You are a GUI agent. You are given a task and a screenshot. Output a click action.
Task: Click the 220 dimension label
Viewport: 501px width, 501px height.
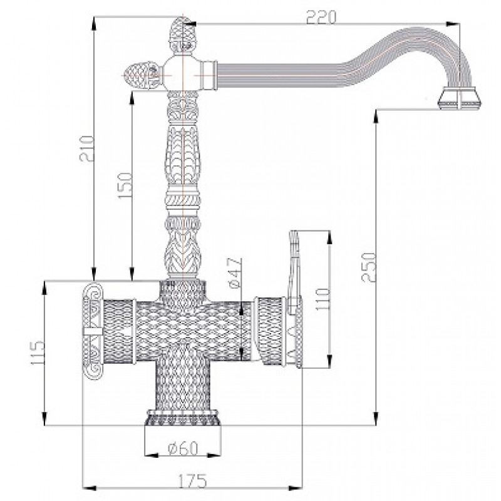click(x=321, y=18)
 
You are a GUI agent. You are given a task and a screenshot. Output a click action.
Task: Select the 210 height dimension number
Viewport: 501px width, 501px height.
click(x=87, y=148)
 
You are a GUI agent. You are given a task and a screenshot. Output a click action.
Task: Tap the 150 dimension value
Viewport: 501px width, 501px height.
click(x=125, y=185)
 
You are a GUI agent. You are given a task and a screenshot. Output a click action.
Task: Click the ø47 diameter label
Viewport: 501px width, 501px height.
click(x=235, y=273)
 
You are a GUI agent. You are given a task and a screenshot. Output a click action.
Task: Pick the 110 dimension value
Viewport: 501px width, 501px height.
click(x=322, y=299)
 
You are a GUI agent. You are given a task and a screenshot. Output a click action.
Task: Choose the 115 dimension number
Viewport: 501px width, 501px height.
click(x=37, y=353)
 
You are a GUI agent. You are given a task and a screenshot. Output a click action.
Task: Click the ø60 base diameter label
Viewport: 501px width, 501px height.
click(x=183, y=448)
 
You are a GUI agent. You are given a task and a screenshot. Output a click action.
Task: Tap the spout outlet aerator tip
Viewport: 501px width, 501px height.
click(x=460, y=98)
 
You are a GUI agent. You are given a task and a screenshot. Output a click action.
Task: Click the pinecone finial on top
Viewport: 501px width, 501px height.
click(x=182, y=36)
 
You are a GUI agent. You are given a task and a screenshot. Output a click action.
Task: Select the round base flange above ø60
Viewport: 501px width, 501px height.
click(x=182, y=418)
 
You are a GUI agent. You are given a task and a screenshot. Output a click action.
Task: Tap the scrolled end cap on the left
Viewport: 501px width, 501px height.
click(x=93, y=331)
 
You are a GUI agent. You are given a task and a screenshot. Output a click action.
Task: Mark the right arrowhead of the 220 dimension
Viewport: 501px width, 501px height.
click(x=453, y=24)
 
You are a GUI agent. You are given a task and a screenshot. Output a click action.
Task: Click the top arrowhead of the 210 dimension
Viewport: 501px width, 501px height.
click(x=93, y=23)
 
